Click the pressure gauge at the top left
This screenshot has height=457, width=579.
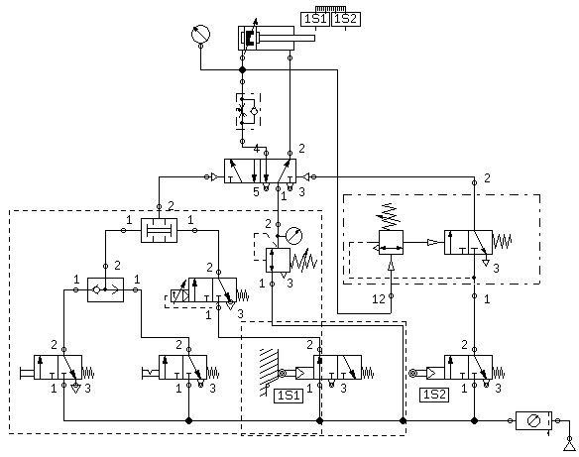tap(200, 34)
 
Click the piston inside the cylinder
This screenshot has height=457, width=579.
tap(248, 38)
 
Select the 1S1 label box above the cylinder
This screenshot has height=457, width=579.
tap(315, 19)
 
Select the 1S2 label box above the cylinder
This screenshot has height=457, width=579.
tap(346, 19)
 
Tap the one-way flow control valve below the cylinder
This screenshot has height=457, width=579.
tap(248, 111)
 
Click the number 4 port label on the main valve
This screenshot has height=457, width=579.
tap(256, 149)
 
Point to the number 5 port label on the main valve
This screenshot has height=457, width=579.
tap(256, 192)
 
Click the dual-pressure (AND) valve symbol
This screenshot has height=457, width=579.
tap(160, 230)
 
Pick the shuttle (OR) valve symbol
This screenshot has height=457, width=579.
tap(106, 289)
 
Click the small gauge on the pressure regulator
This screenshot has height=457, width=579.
tap(294, 236)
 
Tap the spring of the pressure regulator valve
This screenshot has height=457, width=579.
tap(303, 260)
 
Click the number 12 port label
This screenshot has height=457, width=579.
tap(379, 299)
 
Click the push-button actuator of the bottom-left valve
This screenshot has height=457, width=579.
tap(27, 373)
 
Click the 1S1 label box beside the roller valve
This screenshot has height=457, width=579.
tap(289, 396)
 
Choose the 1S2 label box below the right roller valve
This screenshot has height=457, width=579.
tap(434, 395)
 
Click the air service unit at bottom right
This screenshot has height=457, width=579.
tap(534, 420)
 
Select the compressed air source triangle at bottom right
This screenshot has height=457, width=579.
tap(570, 446)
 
